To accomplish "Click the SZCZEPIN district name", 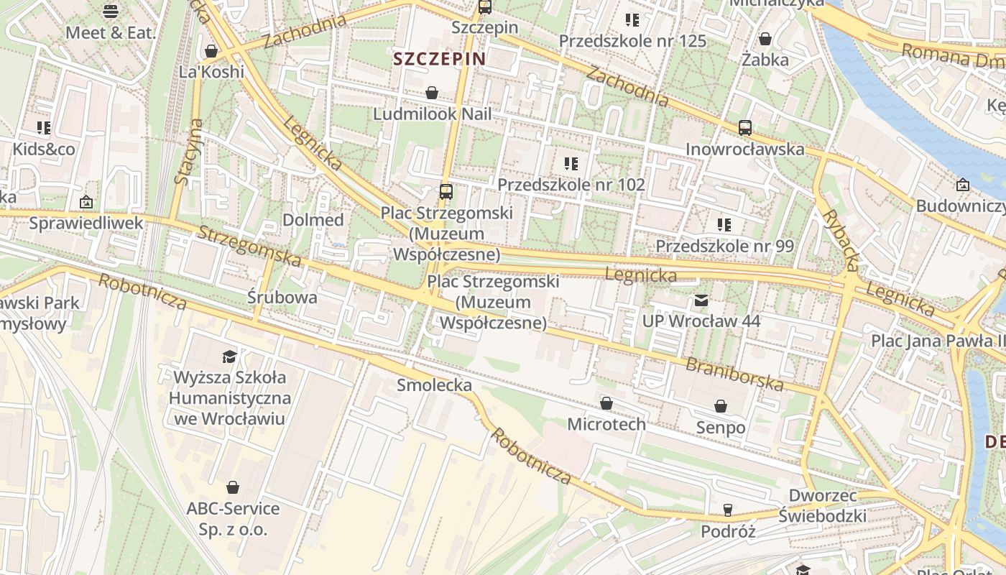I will (x=440, y=59).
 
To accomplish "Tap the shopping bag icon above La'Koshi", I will (x=211, y=51).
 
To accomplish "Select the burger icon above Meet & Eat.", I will (x=110, y=11).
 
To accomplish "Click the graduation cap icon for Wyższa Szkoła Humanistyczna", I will (x=229, y=356).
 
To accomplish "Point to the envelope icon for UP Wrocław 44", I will (x=701, y=300).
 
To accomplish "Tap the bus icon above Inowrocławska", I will (x=745, y=128).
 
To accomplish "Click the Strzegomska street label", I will (x=249, y=246).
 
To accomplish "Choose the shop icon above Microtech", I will (x=606, y=403).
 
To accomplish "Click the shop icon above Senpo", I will (x=721, y=407).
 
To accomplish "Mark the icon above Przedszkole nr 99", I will (x=724, y=225).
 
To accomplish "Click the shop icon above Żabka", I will (x=765, y=38).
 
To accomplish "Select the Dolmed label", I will (x=313, y=220).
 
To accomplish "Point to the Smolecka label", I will (x=434, y=385).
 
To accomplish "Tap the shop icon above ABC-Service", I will (x=232, y=487).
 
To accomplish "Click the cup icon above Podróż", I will (x=728, y=510).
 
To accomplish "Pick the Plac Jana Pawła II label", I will (x=938, y=340).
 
